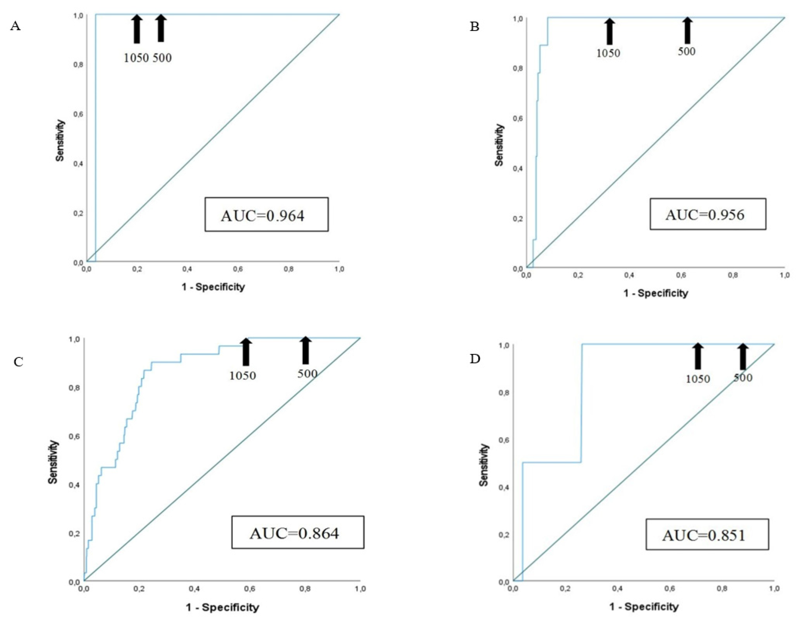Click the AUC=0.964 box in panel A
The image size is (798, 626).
tap(266, 215)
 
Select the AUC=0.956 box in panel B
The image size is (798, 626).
tap(707, 214)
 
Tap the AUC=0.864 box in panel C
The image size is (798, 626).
tap(298, 533)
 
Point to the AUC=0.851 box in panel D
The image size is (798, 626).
tap(707, 534)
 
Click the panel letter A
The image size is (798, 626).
tap(15, 27)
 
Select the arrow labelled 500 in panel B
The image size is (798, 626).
tap(687, 31)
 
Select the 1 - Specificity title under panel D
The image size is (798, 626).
tap(643, 607)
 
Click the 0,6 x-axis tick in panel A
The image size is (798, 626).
tap(238, 270)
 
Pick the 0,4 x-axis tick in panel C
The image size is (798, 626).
tap(195, 589)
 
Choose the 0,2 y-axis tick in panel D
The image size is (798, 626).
tap(504, 535)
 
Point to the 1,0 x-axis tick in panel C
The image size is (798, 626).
tap(360, 589)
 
